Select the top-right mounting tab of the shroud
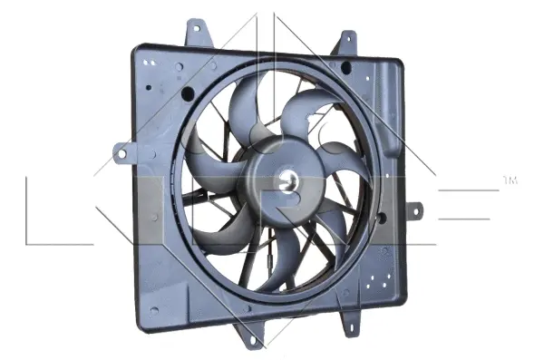(346, 43)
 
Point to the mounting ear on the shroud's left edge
(121, 151)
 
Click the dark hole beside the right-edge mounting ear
(383, 217)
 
